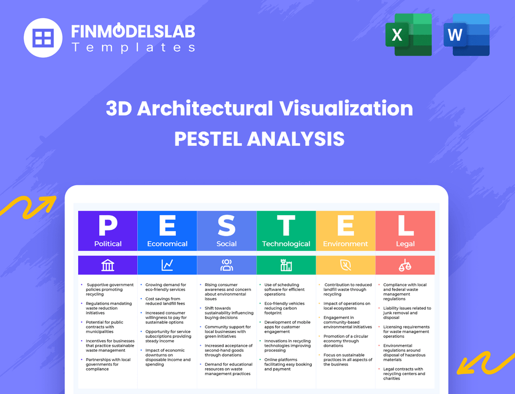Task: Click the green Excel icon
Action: tap(408, 35)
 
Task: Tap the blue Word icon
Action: tap(466, 35)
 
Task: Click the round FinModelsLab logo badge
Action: tap(43, 37)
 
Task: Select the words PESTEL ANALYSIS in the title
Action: tap(259, 139)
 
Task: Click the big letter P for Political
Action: tap(108, 226)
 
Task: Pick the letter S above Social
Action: tap(227, 226)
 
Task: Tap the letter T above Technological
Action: tap(286, 226)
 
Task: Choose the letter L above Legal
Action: tap(405, 226)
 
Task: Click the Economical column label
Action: tap(167, 244)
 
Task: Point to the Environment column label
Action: tap(346, 244)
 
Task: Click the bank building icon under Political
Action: tap(108, 265)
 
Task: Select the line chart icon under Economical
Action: tap(167, 265)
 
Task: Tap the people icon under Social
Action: tap(227, 265)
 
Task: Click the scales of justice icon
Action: tap(405, 265)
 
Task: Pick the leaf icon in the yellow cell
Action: tap(346, 265)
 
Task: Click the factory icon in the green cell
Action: tap(286, 265)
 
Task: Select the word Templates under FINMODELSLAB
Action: tap(133, 47)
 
